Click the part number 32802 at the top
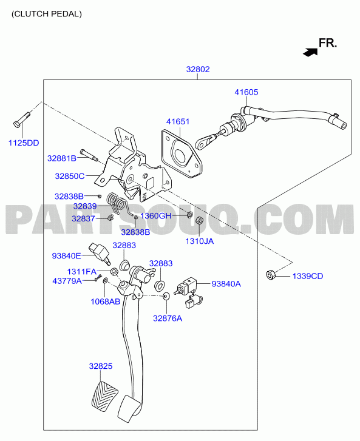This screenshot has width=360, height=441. [198, 69]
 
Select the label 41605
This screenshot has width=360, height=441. [246, 92]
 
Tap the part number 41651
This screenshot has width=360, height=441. [178, 121]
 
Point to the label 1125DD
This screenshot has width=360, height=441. [24, 143]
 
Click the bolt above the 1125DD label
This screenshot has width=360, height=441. [22, 120]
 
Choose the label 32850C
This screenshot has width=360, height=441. [70, 176]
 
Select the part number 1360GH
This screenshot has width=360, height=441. [155, 216]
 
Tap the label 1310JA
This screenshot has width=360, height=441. [199, 241]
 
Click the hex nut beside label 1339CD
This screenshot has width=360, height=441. [271, 275]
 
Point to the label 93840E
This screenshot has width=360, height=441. [66, 256]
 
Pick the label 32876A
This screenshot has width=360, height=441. [168, 318]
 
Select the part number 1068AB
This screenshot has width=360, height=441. [105, 301]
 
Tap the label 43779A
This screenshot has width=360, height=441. [67, 281]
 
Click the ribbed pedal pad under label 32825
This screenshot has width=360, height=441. [104, 397]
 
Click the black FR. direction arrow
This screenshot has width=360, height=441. [310, 52]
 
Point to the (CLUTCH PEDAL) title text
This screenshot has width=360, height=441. [47, 14]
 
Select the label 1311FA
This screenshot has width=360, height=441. [81, 272]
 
